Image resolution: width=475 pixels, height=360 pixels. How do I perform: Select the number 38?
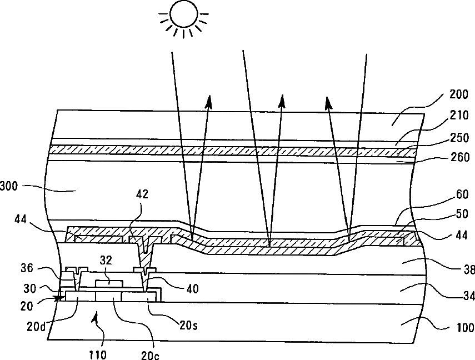point(468,271)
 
